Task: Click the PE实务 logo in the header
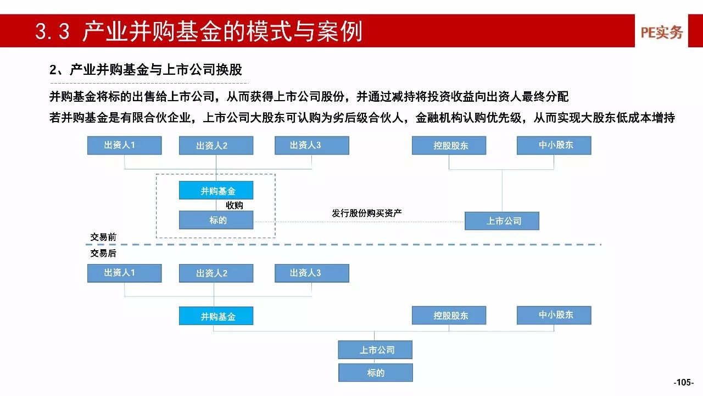point(662,32)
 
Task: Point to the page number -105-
point(684,382)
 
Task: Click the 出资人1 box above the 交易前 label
point(125,145)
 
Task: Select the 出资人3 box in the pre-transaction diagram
point(312,145)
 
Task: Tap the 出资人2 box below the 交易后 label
point(216,273)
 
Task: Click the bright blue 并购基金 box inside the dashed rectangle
point(216,190)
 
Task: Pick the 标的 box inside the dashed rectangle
point(216,220)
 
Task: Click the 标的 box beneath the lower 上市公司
point(376,373)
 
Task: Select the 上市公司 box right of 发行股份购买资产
point(502,221)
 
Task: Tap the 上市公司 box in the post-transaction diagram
point(375,349)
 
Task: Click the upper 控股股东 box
point(449,145)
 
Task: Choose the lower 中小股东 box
point(554,315)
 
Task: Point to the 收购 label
point(235,205)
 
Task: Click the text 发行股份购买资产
point(367,213)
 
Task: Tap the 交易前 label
point(103,237)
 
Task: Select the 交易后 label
point(103,254)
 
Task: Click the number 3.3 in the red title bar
point(52,31)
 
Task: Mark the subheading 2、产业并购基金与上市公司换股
point(146,70)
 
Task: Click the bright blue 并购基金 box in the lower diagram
point(216,316)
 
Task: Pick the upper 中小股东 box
point(554,145)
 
